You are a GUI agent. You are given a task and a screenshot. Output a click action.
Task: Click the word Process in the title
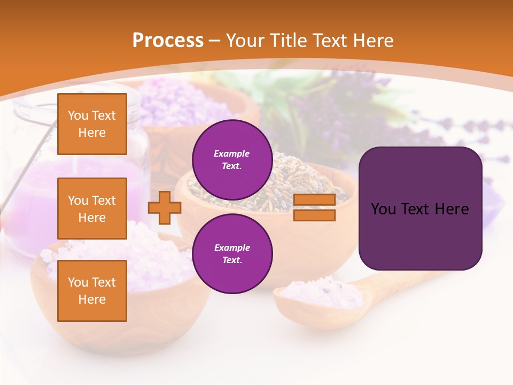tap(168, 41)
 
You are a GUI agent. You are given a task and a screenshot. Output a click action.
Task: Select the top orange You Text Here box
tap(92, 124)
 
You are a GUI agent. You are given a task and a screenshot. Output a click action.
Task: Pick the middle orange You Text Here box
tap(92, 209)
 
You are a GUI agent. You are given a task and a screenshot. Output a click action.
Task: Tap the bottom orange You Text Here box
tap(92, 290)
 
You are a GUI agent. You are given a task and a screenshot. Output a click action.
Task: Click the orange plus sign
tap(164, 207)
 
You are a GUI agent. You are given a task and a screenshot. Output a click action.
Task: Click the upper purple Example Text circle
tap(232, 159)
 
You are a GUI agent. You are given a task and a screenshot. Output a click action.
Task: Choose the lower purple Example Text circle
tap(232, 253)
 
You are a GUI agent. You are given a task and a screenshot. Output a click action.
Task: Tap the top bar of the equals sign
tap(314, 200)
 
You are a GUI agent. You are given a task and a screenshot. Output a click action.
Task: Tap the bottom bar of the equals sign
tap(314, 215)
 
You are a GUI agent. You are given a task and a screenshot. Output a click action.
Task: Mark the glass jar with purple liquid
tap(32, 176)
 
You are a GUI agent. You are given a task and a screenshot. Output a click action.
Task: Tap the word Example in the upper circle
tap(232, 153)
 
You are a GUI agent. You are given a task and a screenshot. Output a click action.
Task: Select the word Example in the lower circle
tap(232, 248)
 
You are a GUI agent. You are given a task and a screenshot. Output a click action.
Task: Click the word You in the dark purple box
tap(383, 209)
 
